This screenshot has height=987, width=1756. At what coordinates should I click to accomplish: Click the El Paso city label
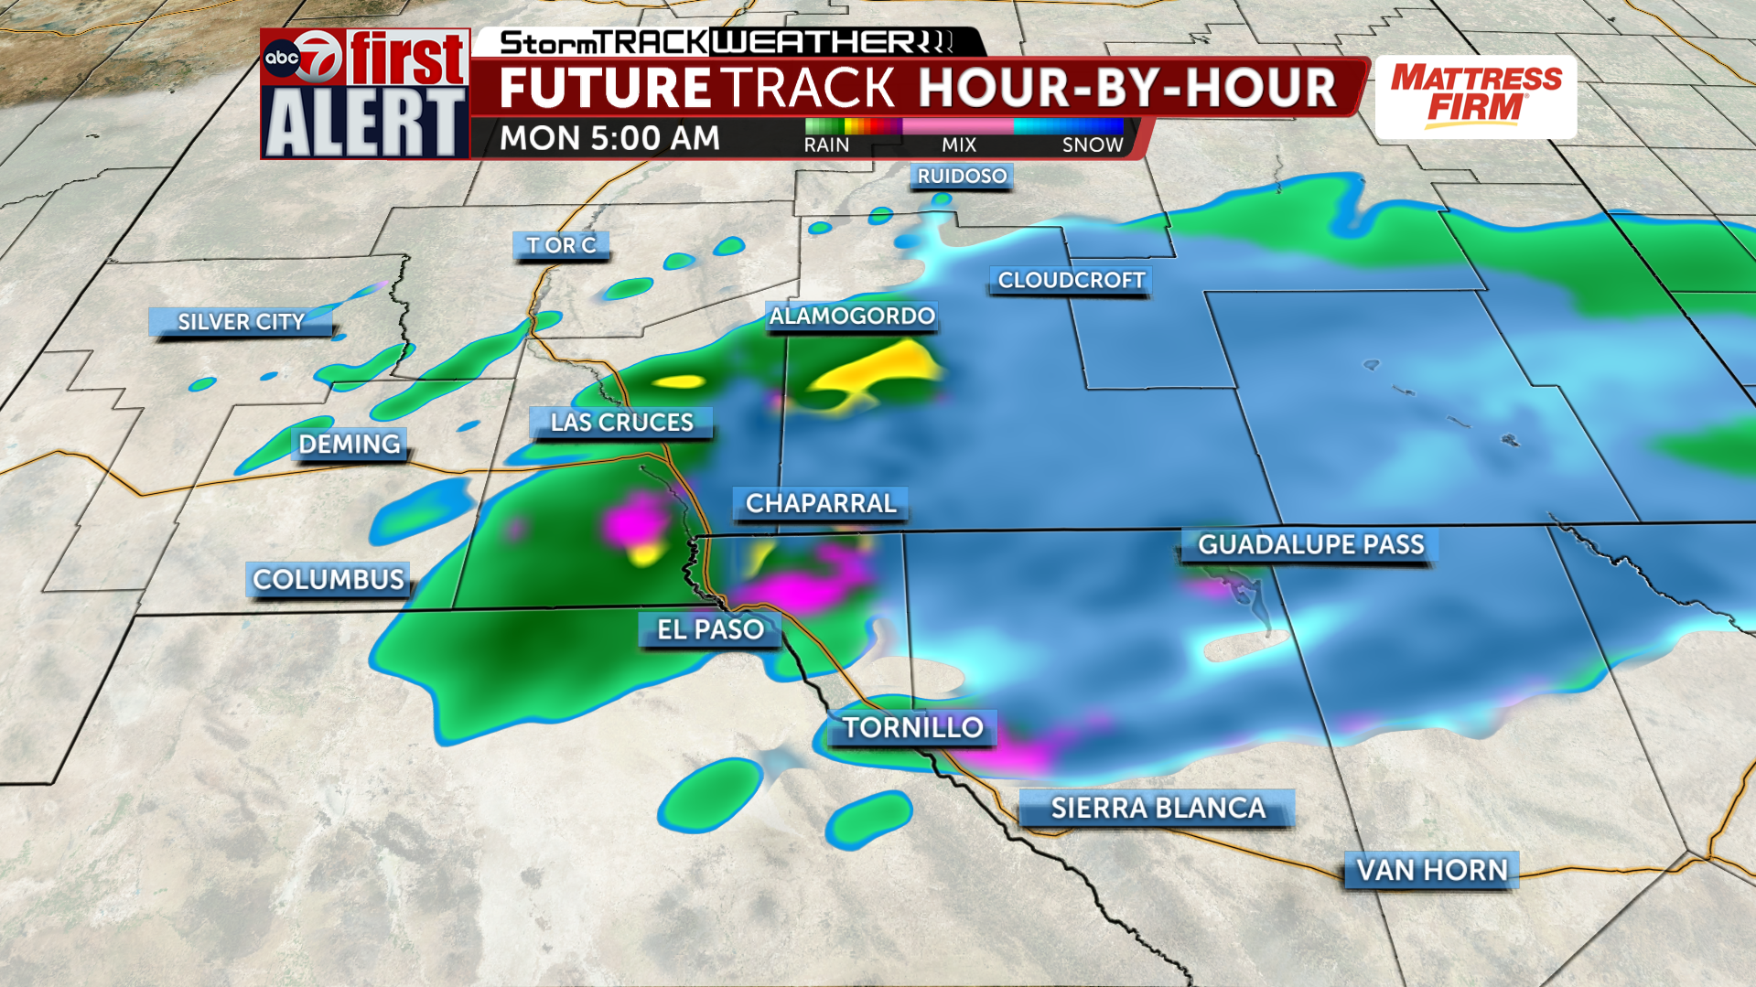710,629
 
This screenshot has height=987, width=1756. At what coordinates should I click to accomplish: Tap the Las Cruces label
621,423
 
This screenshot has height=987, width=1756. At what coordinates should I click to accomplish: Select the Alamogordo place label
852,316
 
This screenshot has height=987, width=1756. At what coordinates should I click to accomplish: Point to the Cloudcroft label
1071,280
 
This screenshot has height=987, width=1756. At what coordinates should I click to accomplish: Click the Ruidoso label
962,176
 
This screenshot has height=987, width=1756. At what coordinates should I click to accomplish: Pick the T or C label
561,245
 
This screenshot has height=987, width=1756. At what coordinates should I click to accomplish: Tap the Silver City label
241,322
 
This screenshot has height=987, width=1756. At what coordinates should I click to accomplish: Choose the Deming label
349,445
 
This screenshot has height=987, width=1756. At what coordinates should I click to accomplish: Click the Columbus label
328,580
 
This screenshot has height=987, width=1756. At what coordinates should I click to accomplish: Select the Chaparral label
820,503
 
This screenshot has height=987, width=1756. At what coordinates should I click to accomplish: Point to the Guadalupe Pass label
1310,545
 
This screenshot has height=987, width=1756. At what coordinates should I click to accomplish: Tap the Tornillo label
912,728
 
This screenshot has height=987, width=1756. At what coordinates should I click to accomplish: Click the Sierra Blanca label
1158,809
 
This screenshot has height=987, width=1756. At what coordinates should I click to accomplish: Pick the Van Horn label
1431,870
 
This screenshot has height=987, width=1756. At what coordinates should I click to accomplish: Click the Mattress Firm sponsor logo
1476,96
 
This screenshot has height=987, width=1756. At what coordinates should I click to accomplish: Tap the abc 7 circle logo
303,59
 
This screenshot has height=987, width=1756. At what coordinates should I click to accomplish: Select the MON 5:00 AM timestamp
609,138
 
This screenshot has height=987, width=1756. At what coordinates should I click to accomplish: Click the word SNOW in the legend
1092,145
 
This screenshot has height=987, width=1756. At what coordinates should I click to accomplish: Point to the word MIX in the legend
959,145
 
